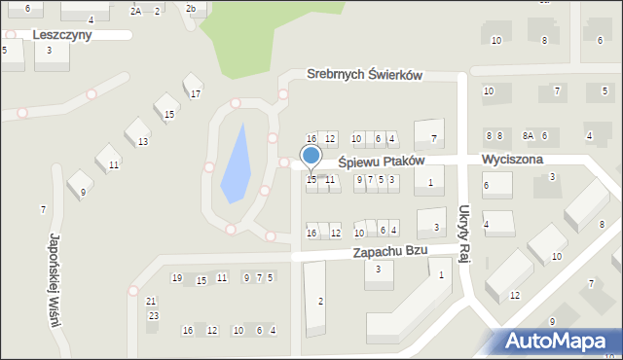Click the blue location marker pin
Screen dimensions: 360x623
coord(311,156)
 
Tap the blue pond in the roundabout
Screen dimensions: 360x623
coord(237,167)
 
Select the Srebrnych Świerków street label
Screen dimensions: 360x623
coord(364,75)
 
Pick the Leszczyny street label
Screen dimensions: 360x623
coord(61,34)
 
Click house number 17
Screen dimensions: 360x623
coord(196,94)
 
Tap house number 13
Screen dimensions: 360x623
coord(143,142)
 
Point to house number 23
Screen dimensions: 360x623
coord(153,316)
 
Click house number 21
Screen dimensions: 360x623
coord(151,302)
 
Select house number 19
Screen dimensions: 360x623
coord(176,279)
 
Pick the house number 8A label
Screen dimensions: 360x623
coord(528,136)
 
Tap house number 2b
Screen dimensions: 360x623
coord(192,9)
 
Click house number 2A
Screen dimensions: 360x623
coord(136,11)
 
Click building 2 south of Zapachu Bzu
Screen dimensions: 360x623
coord(321,301)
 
